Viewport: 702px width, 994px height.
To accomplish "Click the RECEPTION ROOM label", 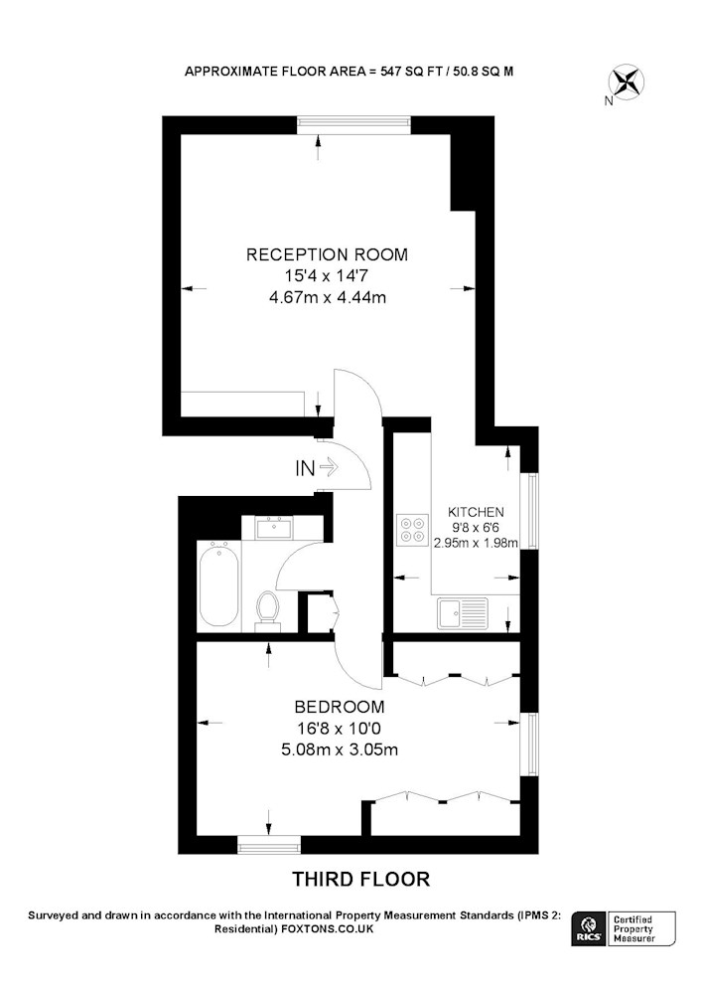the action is tap(327, 254).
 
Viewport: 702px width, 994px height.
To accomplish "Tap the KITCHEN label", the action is tap(476, 512).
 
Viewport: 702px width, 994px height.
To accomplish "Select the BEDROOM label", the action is tap(340, 706).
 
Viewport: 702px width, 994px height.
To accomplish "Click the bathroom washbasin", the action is tap(275, 527).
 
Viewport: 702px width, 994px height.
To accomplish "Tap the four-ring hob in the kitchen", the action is tap(411, 530).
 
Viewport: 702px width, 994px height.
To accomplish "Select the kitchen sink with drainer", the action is tap(462, 613).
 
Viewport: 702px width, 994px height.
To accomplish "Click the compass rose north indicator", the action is tap(626, 83).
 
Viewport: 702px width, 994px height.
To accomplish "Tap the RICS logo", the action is tap(587, 929).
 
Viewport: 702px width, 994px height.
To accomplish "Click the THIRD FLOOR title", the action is tap(360, 880).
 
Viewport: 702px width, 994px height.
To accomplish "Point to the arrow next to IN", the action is tap(330, 468).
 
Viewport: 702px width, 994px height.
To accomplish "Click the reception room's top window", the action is tap(353, 125).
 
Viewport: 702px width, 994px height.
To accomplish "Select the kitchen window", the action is tap(529, 510).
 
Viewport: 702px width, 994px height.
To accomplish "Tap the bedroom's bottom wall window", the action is tap(269, 844).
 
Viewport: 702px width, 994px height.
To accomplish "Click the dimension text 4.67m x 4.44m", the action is tap(328, 297).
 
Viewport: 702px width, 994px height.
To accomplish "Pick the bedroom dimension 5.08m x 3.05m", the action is tap(340, 749).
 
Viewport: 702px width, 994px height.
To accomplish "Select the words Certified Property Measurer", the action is tap(633, 929).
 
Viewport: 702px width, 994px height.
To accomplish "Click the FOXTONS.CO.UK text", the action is tap(328, 929).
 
